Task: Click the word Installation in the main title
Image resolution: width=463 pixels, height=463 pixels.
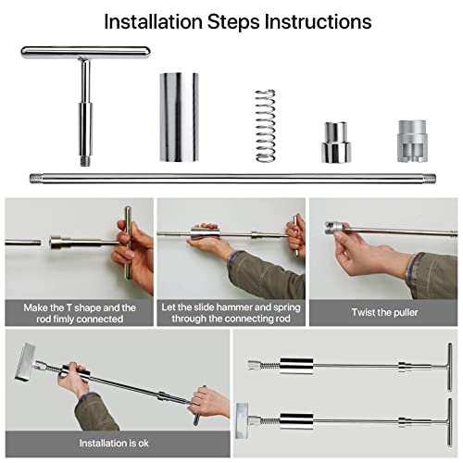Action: coord(153,21)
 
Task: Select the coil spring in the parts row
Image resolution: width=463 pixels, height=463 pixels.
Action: coord(265,126)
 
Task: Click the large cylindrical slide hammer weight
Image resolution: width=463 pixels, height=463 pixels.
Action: coord(179,117)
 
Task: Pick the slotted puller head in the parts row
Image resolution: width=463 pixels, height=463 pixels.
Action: coord(412,141)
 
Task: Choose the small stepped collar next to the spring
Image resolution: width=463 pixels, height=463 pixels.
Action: coord(336,143)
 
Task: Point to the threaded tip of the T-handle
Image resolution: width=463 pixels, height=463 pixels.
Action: coord(85,161)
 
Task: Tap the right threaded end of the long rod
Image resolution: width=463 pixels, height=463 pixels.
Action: coord(430,179)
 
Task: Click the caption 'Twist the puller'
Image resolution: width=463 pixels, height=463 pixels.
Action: coord(384,312)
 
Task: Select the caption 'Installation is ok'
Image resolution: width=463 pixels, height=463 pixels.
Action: coord(114,444)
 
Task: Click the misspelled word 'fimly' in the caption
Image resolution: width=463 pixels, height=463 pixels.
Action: coord(63,319)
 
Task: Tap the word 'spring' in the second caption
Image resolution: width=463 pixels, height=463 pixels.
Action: coord(287,307)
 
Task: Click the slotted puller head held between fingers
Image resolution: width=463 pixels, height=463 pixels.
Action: coord(334,228)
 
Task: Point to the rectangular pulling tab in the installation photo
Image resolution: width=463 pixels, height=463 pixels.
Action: coord(25,362)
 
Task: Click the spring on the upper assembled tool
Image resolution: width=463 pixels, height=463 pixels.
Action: coord(269,366)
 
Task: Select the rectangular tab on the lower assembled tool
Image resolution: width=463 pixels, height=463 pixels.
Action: coord(242,420)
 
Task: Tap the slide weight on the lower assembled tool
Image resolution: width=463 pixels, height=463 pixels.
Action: coord(296,421)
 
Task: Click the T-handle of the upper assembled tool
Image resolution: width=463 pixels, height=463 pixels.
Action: coord(450,367)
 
